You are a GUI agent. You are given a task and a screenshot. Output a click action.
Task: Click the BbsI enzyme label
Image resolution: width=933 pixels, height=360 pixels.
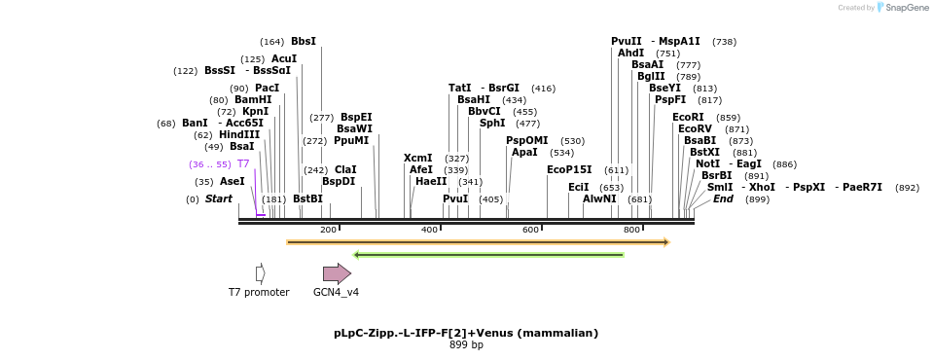(x=304, y=42)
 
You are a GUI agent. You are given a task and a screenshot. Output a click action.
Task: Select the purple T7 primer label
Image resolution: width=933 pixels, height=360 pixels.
(x=243, y=164)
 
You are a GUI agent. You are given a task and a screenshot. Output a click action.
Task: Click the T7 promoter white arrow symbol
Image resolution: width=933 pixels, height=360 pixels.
(x=260, y=274)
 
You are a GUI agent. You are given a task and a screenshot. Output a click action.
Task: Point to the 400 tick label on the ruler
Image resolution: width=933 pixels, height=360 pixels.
(x=429, y=230)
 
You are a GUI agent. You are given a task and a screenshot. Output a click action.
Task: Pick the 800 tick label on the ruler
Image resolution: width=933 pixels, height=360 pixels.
(x=631, y=230)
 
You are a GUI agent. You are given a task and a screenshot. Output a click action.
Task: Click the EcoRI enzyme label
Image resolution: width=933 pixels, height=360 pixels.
(x=688, y=118)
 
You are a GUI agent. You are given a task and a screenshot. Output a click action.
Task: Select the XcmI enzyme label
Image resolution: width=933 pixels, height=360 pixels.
(x=418, y=159)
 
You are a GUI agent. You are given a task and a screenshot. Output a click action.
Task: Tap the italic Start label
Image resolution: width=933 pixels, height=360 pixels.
(x=219, y=199)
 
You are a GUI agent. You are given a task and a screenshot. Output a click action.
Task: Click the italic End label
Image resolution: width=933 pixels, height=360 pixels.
(x=723, y=199)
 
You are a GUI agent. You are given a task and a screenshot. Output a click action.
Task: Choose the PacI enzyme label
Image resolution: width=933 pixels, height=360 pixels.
(x=268, y=89)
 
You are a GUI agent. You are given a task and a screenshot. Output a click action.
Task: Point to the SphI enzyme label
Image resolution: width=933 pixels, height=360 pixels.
(x=492, y=124)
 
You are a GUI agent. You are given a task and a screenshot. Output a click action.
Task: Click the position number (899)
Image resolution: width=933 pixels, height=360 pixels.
(x=757, y=199)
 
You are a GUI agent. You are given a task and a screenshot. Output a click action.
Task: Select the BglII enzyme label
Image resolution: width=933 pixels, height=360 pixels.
(x=651, y=77)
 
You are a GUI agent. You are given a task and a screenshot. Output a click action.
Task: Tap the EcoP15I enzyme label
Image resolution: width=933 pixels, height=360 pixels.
(x=569, y=170)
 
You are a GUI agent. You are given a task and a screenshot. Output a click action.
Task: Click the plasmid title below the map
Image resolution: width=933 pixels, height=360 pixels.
(x=466, y=333)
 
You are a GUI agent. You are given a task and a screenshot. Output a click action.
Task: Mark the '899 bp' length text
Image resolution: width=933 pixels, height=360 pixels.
(x=466, y=344)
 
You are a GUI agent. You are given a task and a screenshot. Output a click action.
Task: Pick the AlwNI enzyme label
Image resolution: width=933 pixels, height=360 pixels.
(x=599, y=199)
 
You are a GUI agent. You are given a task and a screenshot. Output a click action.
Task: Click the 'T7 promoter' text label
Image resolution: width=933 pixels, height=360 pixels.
(x=259, y=292)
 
